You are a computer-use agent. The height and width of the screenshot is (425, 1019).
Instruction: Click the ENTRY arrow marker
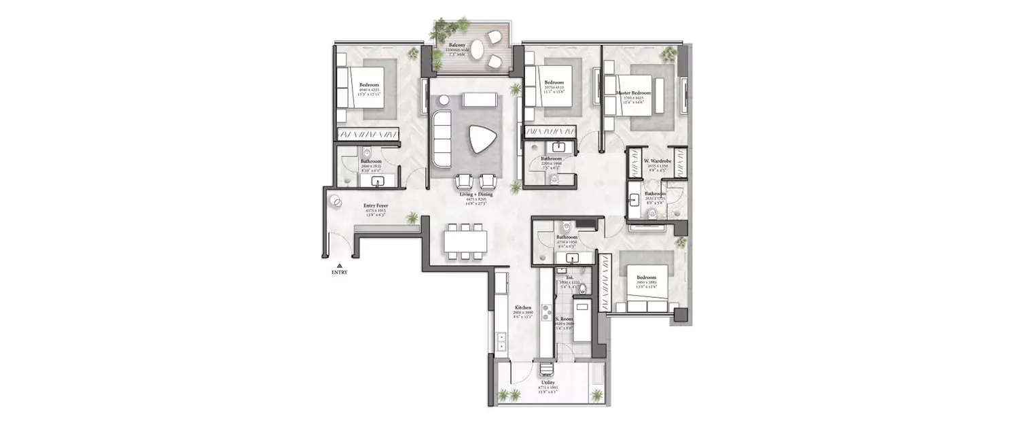coord(339,266)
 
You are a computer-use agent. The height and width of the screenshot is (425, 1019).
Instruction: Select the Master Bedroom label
coord(633,92)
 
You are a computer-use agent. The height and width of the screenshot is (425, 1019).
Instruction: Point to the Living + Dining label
coord(475,195)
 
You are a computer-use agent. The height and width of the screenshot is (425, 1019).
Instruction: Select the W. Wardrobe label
coord(656,161)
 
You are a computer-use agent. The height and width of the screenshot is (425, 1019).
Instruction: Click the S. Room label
coord(564,318)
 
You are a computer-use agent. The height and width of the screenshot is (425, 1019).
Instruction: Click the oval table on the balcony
coord(478,48)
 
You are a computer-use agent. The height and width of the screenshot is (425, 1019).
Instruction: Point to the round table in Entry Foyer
coord(336,202)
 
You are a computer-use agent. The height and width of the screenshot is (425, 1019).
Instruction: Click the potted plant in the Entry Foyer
coord(412,218)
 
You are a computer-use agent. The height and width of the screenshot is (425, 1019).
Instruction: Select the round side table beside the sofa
coord(444,100)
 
